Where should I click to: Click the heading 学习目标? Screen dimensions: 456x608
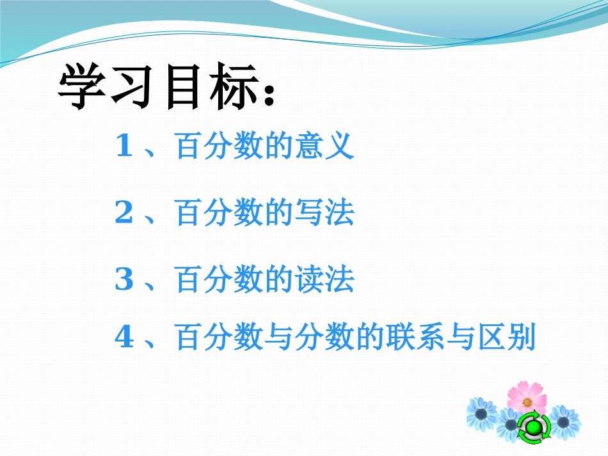tap(160, 88)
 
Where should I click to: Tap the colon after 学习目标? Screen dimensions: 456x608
tap(269, 94)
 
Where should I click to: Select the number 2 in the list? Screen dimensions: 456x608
tap(124, 214)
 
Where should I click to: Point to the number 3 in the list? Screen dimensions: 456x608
tap(124, 280)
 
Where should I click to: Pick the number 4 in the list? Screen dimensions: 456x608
tap(124, 337)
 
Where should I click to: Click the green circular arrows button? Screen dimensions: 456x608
tap(532, 427)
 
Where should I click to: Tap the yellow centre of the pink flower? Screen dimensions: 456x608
tap(527, 402)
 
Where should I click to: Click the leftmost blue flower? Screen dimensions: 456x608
tap(481, 414)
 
